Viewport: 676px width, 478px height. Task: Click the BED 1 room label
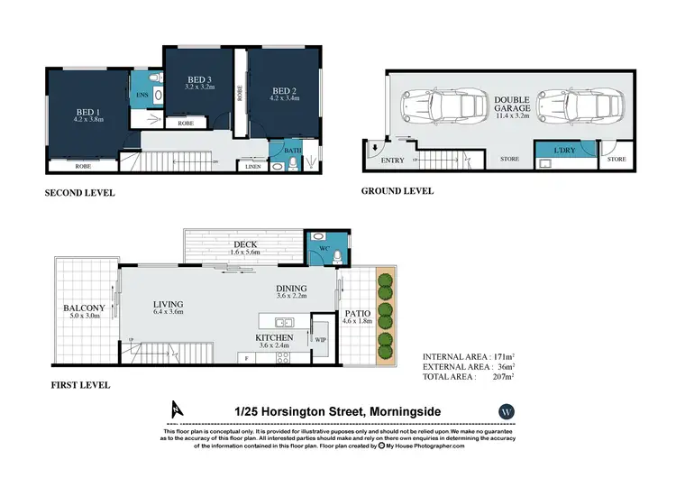coord(88,110)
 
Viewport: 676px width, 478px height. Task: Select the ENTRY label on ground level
coord(393,160)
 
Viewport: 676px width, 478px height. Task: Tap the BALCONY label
coord(84,308)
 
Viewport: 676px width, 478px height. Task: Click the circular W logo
coord(505,411)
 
